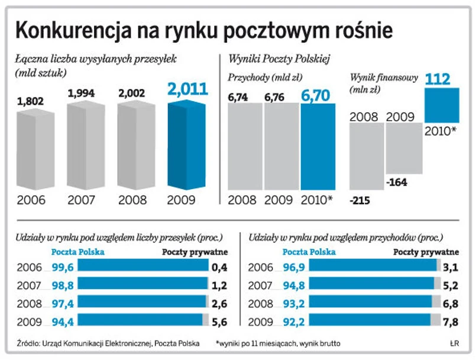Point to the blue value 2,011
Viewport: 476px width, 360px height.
click(188, 89)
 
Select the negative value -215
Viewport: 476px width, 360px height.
click(359, 201)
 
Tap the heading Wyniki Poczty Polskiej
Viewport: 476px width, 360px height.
click(278, 59)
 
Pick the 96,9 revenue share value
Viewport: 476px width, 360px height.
click(296, 267)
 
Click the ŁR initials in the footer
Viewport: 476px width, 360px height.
click(454, 344)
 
